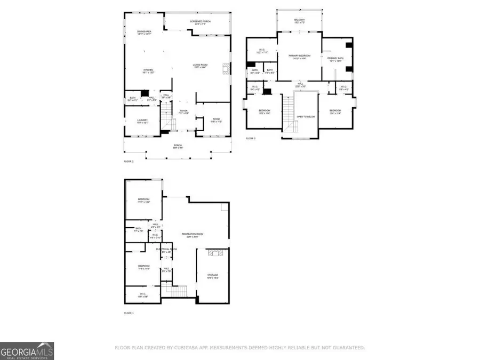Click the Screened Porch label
(200, 22)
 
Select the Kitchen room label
(148, 71)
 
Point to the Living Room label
(200, 66)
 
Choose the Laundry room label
(142, 121)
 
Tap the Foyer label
(183, 112)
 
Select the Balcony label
(299, 20)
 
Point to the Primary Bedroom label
(299, 57)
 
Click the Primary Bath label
(335, 60)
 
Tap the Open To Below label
(306, 116)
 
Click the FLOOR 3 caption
(251, 138)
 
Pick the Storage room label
(213, 276)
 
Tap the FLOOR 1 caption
(129, 313)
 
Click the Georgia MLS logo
(27, 351)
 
